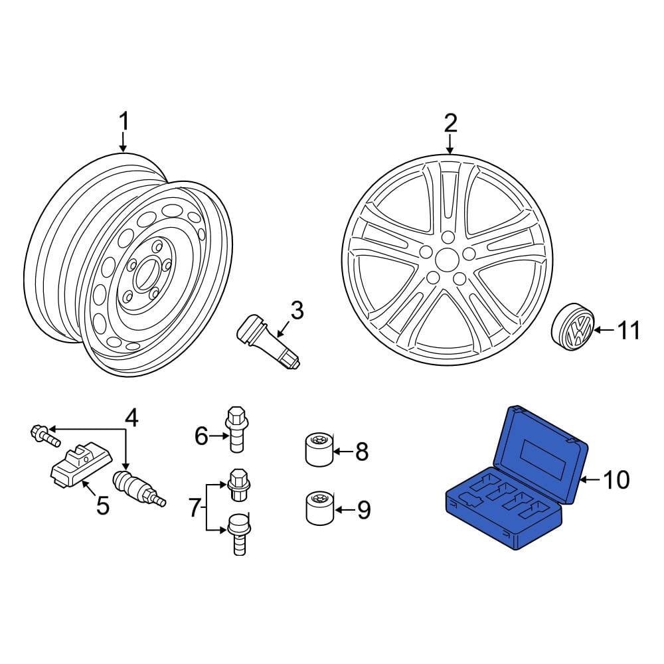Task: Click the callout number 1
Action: tap(124, 123)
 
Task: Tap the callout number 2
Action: tap(450, 123)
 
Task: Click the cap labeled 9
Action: tap(318, 508)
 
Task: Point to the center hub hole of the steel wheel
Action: tap(143, 278)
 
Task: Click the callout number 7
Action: tap(193, 509)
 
